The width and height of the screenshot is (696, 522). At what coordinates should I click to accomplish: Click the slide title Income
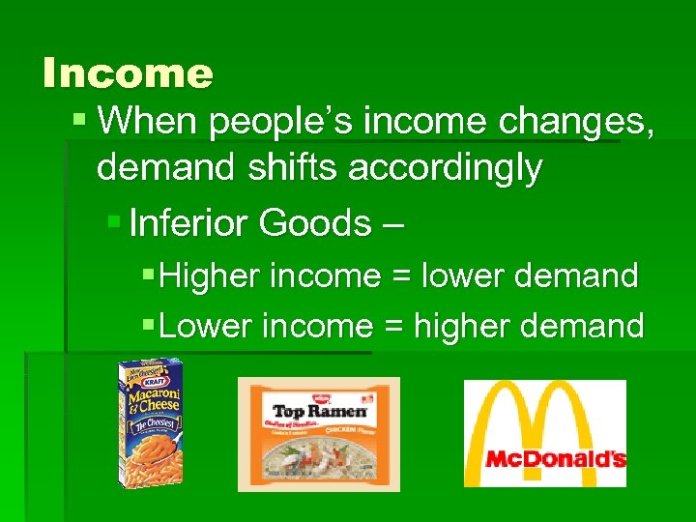tap(128, 72)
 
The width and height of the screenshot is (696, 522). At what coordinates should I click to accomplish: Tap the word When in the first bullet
tap(148, 122)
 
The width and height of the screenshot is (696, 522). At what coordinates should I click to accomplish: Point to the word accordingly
tap(444, 169)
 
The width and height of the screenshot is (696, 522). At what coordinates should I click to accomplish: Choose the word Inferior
tap(188, 223)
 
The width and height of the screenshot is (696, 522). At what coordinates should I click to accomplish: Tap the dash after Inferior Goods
tap(392, 225)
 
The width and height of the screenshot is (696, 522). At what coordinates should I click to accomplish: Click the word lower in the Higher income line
tap(464, 276)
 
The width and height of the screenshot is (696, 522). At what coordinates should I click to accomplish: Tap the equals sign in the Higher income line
tap(397, 277)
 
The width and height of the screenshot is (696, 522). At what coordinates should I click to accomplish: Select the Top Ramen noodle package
tap(319, 434)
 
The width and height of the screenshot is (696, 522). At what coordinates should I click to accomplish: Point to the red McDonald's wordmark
tap(555, 459)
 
